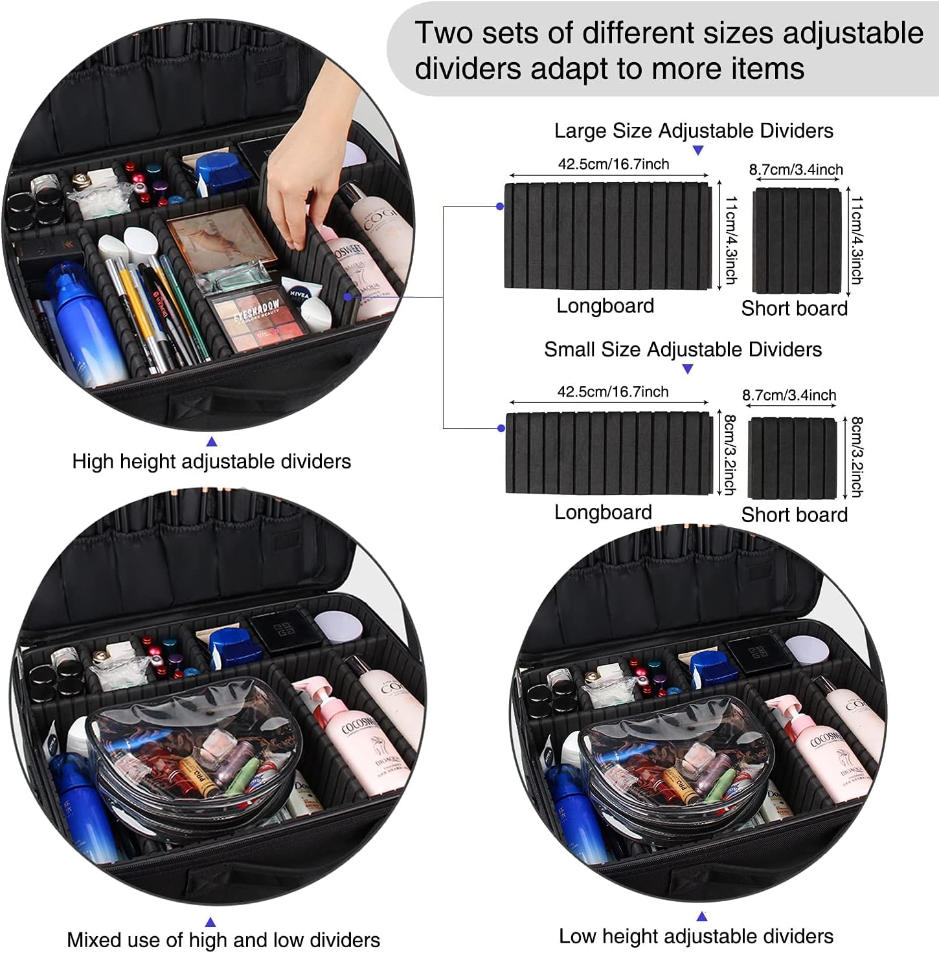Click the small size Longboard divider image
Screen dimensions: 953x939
[609, 454]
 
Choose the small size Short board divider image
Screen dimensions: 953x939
[792, 458]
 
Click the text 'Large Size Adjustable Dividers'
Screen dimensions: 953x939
[694, 131]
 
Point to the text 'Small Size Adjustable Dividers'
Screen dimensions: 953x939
[683, 350]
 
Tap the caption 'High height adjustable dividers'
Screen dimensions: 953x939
[211, 462]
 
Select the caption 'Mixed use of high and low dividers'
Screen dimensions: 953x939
[223, 939]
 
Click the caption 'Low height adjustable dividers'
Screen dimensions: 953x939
[696, 936]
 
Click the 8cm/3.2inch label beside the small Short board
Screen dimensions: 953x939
[856, 457]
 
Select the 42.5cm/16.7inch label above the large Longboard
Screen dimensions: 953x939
[613, 164]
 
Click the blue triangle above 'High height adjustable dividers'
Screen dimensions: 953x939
[211, 442]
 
